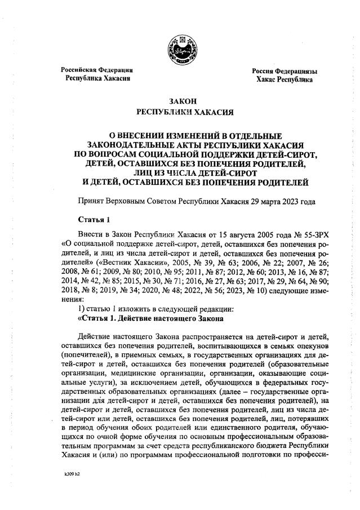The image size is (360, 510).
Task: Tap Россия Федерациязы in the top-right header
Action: click(285, 72)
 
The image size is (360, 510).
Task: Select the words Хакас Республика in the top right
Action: click(285, 81)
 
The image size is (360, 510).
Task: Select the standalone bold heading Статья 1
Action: click(93, 220)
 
